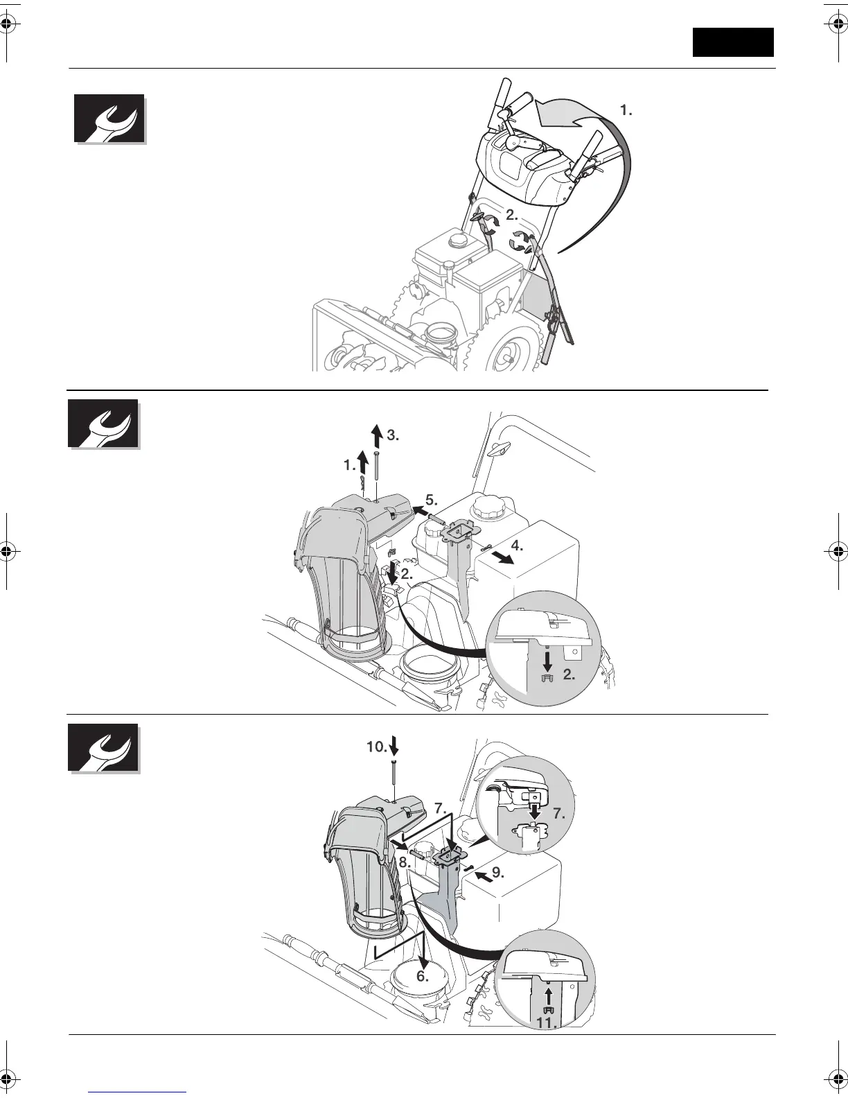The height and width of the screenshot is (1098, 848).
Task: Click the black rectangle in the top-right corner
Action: (733, 42)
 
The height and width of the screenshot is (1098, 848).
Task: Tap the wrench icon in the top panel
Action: (109, 119)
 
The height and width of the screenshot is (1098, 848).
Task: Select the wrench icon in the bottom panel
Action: (103, 748)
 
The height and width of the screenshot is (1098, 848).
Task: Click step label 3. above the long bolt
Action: (393, 435)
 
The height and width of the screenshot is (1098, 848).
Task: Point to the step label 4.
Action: (517, 545)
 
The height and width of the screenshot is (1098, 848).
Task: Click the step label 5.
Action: (431, 499)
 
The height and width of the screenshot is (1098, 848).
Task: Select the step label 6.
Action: (423, 977)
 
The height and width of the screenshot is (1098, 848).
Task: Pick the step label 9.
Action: (497, 871)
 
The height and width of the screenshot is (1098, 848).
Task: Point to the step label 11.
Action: (547, 1022)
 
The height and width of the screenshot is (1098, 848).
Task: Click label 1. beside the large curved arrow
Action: (626, 110)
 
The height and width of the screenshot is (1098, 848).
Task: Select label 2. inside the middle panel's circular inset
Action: (569, 674)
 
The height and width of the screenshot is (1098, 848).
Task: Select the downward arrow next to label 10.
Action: (394, 746)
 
